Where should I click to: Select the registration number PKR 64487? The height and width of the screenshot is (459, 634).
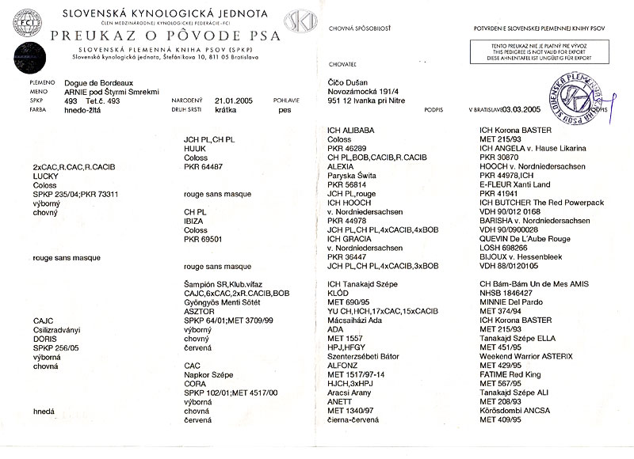pos(204,167)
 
